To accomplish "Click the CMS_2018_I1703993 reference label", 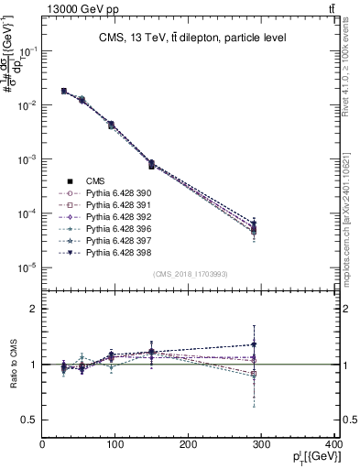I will coord(190,274).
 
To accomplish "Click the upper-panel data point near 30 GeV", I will coord(63,91).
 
